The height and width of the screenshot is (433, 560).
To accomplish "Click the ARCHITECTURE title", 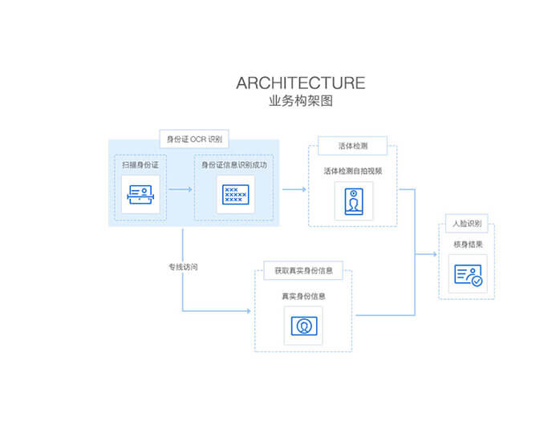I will coord(301,83).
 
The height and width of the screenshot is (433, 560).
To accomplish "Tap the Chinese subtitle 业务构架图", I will coord(301,102).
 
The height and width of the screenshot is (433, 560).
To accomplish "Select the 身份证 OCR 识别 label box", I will coord(193,139).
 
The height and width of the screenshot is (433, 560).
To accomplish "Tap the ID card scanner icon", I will coord(140,195).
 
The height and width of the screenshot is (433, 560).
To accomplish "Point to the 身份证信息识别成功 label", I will coord(233,164).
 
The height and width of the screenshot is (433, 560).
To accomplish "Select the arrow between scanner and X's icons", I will coord(181,190).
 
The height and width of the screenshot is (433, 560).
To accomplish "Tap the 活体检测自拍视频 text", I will coord(353,171).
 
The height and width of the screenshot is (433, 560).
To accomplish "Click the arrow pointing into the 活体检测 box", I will coord(294,189).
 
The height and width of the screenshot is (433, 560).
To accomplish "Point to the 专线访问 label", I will coord(182,266).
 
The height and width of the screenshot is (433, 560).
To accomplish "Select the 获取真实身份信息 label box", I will coord(303,271).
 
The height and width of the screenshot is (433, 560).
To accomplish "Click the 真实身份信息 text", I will coord(303,296).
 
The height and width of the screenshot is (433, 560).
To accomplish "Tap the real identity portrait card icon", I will coord(303,326).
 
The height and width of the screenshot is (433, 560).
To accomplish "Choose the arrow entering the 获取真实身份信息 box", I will coord(241,310).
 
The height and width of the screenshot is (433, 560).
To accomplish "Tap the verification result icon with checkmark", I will coord(468,275).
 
